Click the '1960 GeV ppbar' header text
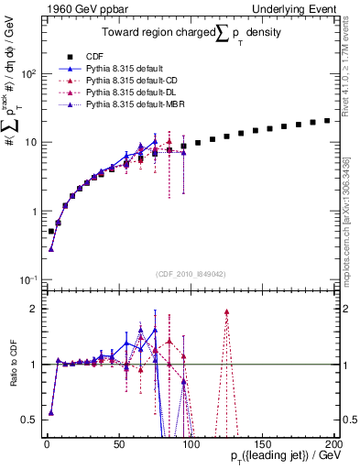pos(74,8)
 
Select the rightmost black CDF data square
pos(327,120)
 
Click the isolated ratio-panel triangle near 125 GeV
pos(226,312)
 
